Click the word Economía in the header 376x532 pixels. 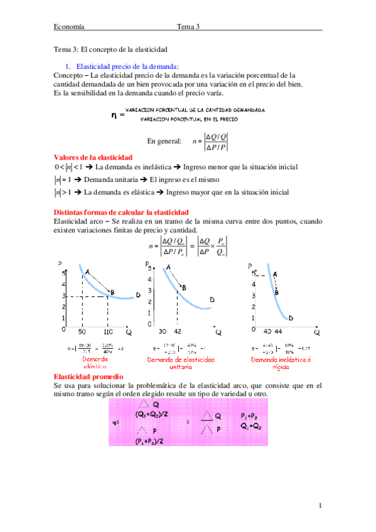(x=69, y=26)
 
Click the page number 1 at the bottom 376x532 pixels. (x=320, y=506)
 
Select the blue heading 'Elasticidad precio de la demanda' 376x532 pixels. (x=127, y=66)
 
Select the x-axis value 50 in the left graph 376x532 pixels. (x=82, y=331)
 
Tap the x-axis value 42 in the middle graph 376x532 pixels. (x=178, y=331)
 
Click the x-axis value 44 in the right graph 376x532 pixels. (x=278, y=331)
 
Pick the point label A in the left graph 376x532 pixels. (x=87, y=271)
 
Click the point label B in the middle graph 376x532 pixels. (x=183, y=288)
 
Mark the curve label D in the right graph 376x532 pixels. (x=291, y=318)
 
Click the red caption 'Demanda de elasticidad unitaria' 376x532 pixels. (x=181, y=364)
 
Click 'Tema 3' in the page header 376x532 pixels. (x=188, y=26)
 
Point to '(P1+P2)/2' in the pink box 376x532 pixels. (x=150, y=442)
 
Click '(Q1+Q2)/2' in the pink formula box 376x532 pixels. (x=151, y=415)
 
